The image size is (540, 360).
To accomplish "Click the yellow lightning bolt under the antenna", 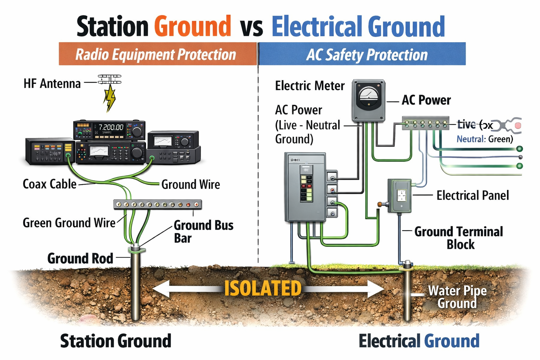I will [x=110, y=98].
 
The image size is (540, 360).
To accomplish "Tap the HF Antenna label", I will [x=52, y=84].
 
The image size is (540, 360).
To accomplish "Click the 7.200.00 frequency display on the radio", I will [x=111, y=127].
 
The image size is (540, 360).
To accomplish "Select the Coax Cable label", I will [x=49, y=184].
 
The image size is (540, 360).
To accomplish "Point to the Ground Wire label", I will [x=191, y=184].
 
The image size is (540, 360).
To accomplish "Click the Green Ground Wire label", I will [x=69, y=223].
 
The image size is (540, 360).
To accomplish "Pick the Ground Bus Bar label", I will [x=203, y=231].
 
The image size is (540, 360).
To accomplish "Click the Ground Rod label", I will [x=80, y=258].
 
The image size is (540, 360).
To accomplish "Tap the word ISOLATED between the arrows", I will [x=263, y=289].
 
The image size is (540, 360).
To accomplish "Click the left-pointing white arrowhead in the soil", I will [x=160, y=289].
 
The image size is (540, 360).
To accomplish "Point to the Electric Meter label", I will [x=310, y=86].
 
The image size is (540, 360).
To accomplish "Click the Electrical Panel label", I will [x=472, y=195].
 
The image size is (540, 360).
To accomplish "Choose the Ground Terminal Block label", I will [x=459, y=238].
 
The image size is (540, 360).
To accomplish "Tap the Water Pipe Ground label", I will [x=457, y=297].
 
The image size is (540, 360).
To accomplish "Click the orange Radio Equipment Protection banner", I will [x=157, y=54].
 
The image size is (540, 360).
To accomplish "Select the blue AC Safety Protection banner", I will [x=362, y=54].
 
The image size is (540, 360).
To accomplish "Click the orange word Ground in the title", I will [x=193, y=26].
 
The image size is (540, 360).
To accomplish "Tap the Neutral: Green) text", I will [x=484, y=139].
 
